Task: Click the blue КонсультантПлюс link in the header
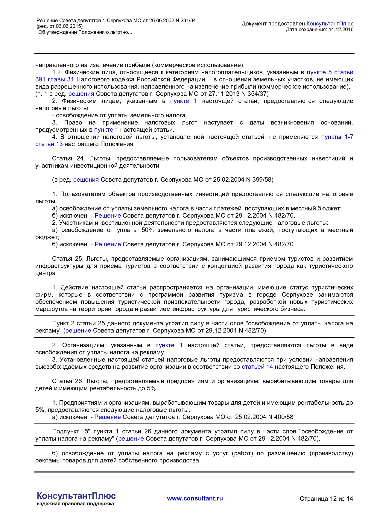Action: (x=330, y=24)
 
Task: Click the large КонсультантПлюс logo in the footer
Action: (x=76, y=496)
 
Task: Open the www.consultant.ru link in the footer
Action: (x=195, y=498)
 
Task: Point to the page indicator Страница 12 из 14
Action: (x=326, y=499)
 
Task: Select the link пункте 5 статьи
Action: (x=330, y=72)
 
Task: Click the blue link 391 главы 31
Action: (x=54, y=79)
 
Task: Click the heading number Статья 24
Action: (x=66, y=158)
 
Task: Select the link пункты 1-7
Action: (x=337, y=137)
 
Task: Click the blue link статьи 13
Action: (x=49, y=144)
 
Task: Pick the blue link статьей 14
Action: (x=257, y=367)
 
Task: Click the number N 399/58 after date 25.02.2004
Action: (x=258, y=180)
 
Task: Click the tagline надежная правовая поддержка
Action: (x=75, y=504)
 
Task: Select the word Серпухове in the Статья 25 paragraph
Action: (x=297, y=295)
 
